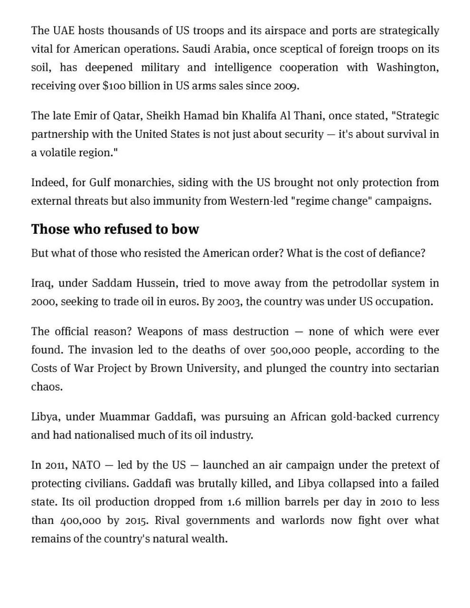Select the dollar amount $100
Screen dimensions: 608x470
pos(114,86)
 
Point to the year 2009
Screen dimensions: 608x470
pos(286,86)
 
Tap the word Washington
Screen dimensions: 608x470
pos(407,67)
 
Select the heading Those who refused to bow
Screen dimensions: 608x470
pos(115,229)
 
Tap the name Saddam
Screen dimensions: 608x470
pos(112,283)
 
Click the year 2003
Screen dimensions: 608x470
pos(229,302)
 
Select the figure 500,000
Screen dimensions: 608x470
pos(290,350)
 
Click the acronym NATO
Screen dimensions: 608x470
pos(86,465)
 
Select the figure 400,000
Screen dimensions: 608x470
pos(81,521)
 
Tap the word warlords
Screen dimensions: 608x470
pos(303,521)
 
